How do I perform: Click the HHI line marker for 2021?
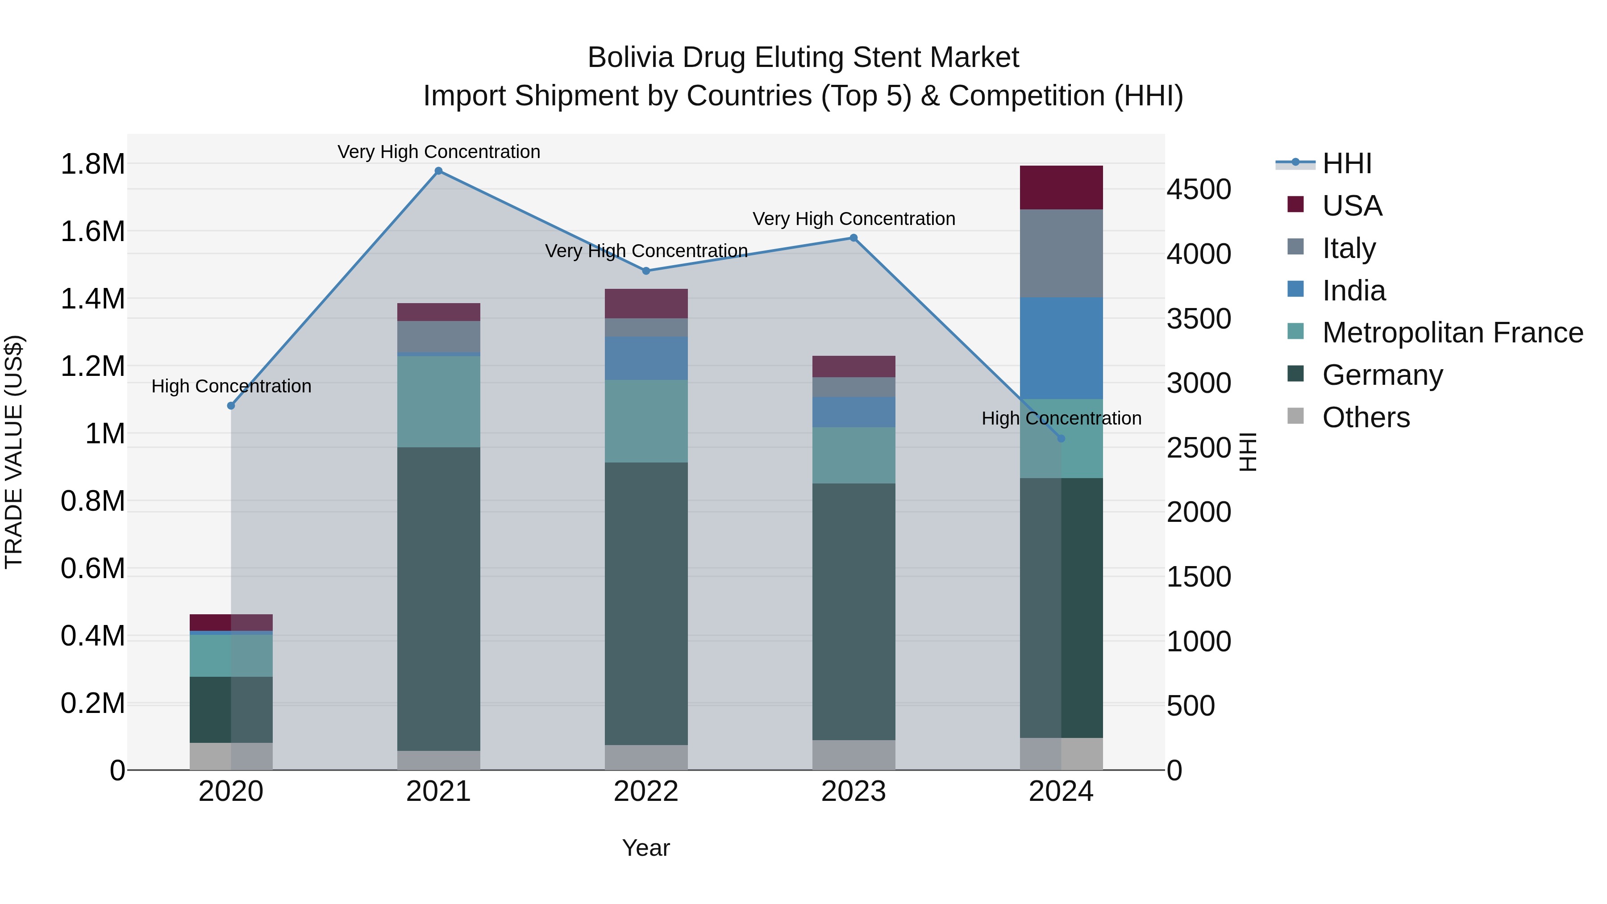coord(438,171)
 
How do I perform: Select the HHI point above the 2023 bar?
coord(853,237)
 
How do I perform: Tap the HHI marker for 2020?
coord(231,405)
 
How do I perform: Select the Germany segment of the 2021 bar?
coord(438,599)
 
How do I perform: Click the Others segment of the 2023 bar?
coord(853,755)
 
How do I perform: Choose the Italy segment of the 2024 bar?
coord(1061,253)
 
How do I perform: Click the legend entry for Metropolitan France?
coord(1452,333)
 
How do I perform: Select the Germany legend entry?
coord(1382,375)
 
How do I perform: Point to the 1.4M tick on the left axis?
coord(92,299)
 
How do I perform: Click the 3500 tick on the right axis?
coord(1199,319)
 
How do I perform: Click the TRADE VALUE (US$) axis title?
coord(14,452)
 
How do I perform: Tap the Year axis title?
coord(645,848)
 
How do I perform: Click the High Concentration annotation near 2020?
coord(231,386)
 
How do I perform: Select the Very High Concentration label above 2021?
coord(438,152)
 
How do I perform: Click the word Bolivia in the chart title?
coord(631,58)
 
